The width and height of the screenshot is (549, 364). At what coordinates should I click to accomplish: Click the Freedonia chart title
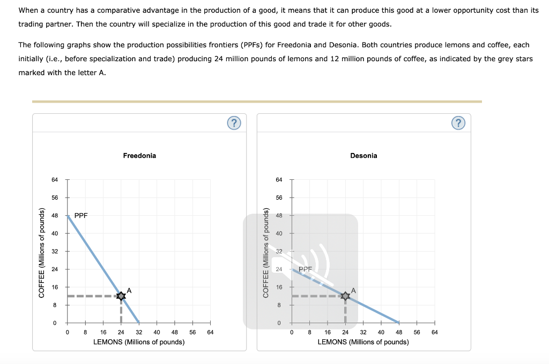[x=139, y=156]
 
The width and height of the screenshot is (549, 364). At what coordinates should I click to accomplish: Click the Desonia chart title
[x=363, y=156]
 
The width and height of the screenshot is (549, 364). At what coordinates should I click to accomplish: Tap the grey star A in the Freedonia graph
[x=121, y=296]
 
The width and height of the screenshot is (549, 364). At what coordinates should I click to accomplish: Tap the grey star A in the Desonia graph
[x=346, y=296]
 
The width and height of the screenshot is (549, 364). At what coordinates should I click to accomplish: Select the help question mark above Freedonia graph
[x=234, y=123]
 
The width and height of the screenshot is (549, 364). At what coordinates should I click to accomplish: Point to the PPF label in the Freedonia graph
[x=81, y=215]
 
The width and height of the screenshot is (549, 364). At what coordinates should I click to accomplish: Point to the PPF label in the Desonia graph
[x=305, y=269]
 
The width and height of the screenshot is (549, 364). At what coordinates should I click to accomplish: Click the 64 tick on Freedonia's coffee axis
[x=55, y=180]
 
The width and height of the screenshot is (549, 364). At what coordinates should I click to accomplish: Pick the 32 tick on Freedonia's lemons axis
[x=139, y=332]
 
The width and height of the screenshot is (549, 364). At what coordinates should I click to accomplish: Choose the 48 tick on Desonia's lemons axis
[x=399, y=332]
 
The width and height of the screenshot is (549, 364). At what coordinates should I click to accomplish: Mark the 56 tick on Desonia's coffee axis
[x=279, y=198]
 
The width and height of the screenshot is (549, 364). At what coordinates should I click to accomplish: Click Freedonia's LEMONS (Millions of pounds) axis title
[x=139, y=342]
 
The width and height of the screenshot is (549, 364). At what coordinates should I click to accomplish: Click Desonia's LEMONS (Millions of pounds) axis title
[x=363, y=342]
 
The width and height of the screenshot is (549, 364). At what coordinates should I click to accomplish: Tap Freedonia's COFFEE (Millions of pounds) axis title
[x=41, y=251]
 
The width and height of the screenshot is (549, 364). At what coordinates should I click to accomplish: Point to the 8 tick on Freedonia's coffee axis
[x=55, y=305]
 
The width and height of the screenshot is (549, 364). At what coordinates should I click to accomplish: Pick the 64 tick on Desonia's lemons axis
[x=434, y=332]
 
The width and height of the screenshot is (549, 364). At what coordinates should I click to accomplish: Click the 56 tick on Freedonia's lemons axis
[x=192, y=332]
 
